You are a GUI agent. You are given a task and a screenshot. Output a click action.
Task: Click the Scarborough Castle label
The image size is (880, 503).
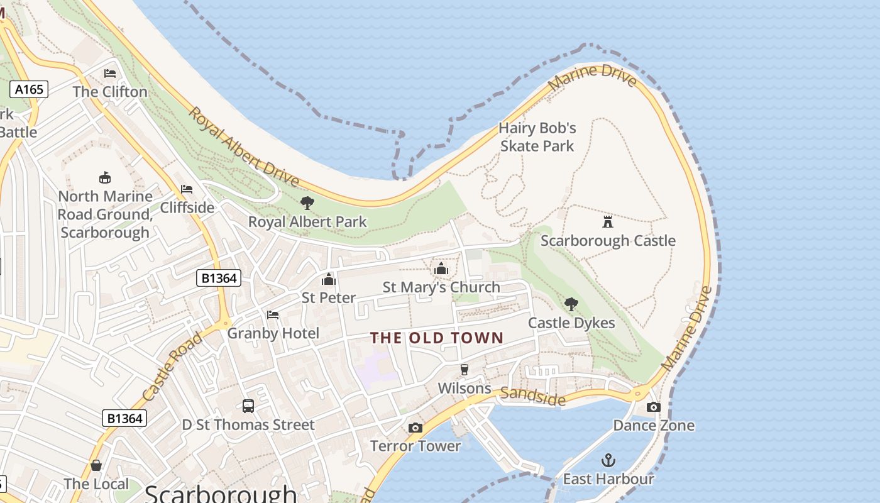(x=608, y=241)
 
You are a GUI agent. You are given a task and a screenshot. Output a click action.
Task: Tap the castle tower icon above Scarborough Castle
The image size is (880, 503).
(x=608, y=222)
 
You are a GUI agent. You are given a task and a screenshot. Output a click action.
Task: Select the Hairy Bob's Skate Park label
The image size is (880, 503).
(x=537, y=137)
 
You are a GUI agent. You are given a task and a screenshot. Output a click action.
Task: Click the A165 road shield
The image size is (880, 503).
(x=30, y=89)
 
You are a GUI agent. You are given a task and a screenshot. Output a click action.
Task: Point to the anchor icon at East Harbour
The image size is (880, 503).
(x=608, y=461)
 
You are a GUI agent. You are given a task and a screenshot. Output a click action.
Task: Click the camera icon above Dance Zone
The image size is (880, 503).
(x=654, y=407)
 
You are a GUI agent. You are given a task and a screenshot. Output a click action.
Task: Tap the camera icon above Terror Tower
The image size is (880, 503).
(x=415, y=428)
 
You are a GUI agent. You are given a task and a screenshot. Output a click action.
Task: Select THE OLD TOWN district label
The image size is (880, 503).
(x=437, y=338)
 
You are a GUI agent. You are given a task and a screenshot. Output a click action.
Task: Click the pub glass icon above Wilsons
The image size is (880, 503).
(x=465, y=370)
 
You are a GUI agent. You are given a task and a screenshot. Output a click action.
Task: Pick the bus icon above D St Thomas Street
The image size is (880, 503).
(x=248, y=406)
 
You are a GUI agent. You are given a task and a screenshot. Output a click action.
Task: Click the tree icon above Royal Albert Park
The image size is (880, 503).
(x=307, y=203)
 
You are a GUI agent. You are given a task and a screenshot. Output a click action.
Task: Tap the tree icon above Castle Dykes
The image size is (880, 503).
(x=571, y=304)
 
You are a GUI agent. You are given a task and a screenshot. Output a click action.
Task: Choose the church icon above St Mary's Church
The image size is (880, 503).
(x=441, y=269)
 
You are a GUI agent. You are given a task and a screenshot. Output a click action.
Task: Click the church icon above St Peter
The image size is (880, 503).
(x=329, y=279)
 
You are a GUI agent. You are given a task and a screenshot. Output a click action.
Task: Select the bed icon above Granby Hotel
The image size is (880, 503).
(x=273, y=314)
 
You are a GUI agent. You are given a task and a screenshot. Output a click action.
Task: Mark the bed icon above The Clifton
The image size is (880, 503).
(x=110, y=74)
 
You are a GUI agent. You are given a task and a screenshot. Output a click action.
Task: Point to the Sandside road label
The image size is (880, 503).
(x=532, y=397)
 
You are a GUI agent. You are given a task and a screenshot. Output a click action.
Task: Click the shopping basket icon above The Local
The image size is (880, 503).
(x=96, y=465)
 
